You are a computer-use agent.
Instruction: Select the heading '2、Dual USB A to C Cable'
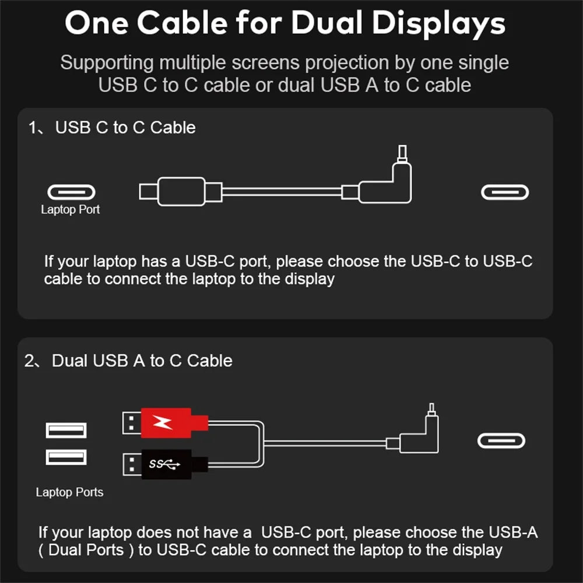[x=128, y=361]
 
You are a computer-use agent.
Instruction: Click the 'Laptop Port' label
[x=70, y=210]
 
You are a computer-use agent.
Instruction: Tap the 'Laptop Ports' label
[x=69, y=492]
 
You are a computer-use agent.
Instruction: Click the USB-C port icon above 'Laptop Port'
[x=71, y=192]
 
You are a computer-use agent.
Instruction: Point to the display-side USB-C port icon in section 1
[x=505, y=192]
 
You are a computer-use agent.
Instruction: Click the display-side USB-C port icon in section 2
[x=501, y=440]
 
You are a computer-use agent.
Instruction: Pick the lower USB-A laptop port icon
[x=66, y=456]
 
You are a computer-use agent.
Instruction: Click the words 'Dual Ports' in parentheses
[x=86, y=550]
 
